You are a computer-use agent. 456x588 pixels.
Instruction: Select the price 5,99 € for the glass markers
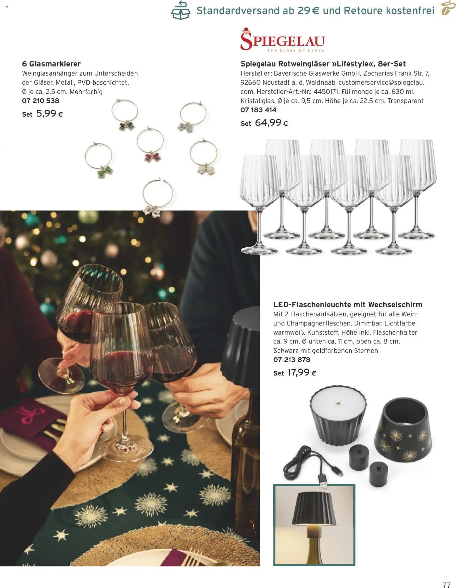pyautogui.click(x=49, y=114)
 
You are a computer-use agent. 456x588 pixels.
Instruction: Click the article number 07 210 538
pyautogui.click(x=41, y=101)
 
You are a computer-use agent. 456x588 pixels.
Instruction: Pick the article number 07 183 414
pyautogui.click(x=258, y=110)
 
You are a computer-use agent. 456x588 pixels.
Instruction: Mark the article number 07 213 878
pyautogui.click(x=292, y=359)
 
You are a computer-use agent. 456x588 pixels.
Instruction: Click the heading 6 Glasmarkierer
pyautogui.click(x=51, y=64)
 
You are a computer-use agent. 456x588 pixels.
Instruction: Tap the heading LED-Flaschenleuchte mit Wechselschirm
pyautogui.click(x=347, y=305)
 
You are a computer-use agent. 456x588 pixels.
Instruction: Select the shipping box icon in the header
pyautogui.click(x=181, y=11)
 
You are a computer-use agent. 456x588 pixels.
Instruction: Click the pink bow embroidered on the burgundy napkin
pyautogui.click(x=29, y=414)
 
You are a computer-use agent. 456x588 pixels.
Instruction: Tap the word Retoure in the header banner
pyautogui.click(x=363, y=11)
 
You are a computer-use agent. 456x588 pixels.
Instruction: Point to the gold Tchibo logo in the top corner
pyautogui.click(x=448, y=8)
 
